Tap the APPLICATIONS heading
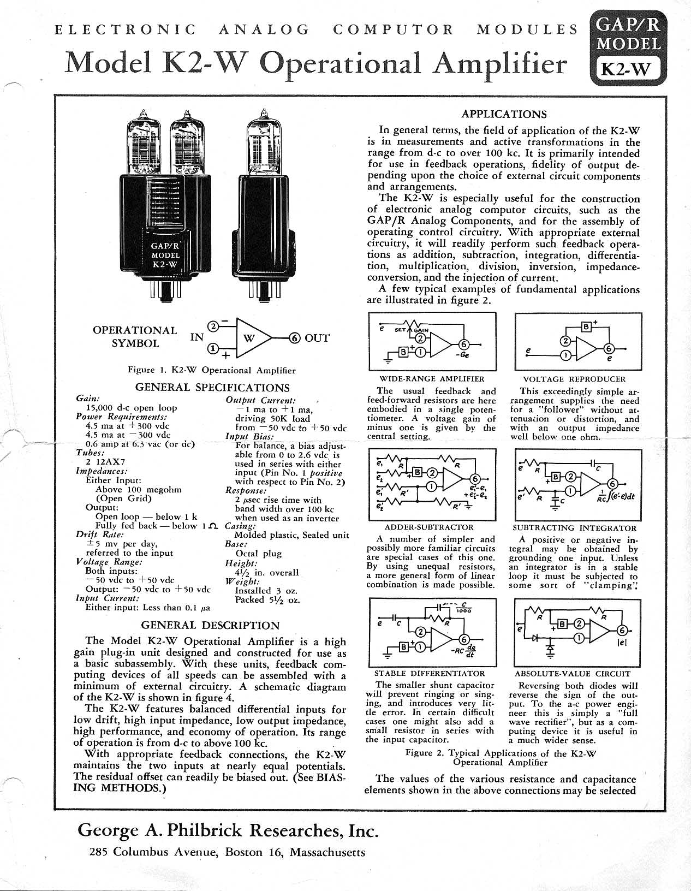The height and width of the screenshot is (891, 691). tap(503, 114)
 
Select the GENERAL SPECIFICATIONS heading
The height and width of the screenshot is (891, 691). tap(212, 388)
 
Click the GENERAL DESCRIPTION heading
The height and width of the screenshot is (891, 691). tap(210, 625)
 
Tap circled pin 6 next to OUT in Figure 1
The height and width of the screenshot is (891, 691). tap(295, 338)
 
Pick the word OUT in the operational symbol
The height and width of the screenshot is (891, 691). tap(317, 338)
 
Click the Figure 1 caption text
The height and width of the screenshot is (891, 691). tap(211, 370)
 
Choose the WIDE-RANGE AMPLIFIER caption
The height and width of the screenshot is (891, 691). tap(431, 379)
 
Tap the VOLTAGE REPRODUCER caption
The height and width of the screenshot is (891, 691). tap(574, 379)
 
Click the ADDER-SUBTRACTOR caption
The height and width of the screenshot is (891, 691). tap(429, 527)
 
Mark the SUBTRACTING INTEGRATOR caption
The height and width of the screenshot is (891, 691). tap(574, 528)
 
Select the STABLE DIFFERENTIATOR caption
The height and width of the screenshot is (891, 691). tap(430, 674)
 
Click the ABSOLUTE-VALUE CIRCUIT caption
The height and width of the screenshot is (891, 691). tap(573, 674)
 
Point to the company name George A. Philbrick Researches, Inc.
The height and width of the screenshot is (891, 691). tap(228, 831)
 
